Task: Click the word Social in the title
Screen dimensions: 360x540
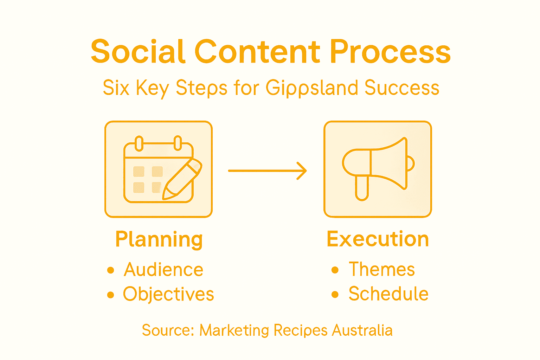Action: click(x=138, y=52)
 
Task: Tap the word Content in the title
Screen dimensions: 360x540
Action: click(x=257, y=52)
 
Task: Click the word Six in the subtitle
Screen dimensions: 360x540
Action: click(x=116, y=88)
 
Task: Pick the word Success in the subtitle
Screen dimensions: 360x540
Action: click(x=402, y=88)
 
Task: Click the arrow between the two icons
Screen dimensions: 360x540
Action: click(x=268, y=171)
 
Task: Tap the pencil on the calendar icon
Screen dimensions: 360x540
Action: click(x=182, y=179)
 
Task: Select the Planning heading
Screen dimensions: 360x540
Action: click(x=159, y=240)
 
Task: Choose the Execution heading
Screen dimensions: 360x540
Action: click(x=378, y=239)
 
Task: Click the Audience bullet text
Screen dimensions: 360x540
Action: click(x=163, y=270)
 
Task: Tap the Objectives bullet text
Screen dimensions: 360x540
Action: click(x=168, y=294)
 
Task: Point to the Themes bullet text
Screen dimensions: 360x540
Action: click(x=382, y=270)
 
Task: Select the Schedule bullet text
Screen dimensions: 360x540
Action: click(x=388, y=294)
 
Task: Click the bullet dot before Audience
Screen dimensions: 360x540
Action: click(x=111, y=270)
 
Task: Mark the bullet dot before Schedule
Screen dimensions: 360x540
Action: click(x=335, y=294)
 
